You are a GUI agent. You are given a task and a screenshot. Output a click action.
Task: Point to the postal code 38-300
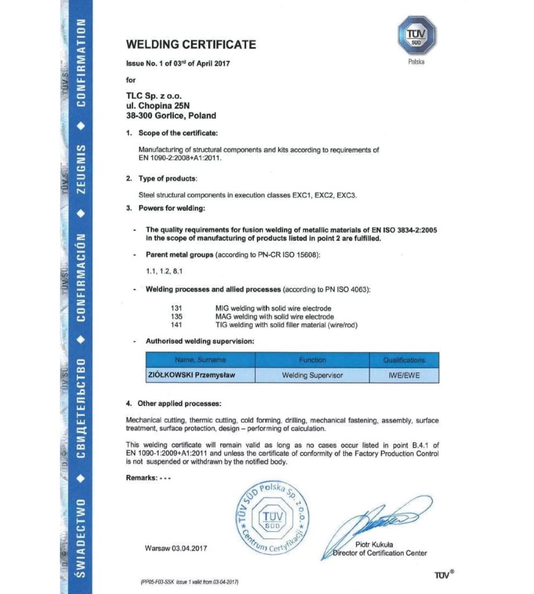pyautogui.click(x=139, y=115)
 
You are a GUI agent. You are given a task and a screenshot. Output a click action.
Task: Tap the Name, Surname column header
pyautogui.click(x=200, y=360)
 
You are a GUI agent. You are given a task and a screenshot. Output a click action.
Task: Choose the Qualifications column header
pyautogui.click(x=404, y=360)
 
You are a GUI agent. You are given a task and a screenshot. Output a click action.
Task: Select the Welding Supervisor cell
pyautogui.click(x=312, y=375)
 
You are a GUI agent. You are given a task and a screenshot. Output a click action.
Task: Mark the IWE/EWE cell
pyautogui.click(x=404, y=375)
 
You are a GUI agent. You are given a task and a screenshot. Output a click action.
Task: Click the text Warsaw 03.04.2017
pyautogui.click(x=176, y=548)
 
